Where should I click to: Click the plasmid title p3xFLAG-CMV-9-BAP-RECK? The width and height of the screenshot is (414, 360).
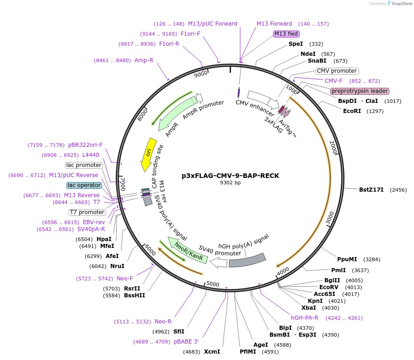(x=230, y=176)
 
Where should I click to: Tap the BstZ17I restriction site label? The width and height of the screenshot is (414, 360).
(x=371, y=189)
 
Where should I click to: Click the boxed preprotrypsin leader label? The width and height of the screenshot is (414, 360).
(x=360, y=91)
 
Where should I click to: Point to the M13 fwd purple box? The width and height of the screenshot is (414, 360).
(x=286, y=34)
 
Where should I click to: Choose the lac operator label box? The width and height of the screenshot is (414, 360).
(x=84, y=185)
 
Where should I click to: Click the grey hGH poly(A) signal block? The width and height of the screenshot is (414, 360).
(x=247, y=260)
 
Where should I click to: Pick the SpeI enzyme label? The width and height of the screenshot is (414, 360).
(x=296, y=44)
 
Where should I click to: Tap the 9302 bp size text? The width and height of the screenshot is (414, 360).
(x=230, y=183)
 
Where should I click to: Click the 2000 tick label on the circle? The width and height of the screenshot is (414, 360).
(x=333, y=148)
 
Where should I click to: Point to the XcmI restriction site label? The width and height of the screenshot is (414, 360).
(x=212, y=352)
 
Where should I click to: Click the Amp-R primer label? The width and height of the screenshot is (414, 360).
(x=144, y=60)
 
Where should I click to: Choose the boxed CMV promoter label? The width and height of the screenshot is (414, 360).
(x=337, y=71)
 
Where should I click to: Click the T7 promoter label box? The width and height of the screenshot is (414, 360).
(x=87, y=212)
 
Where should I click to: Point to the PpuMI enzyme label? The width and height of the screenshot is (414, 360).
(x=347, y=259)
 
